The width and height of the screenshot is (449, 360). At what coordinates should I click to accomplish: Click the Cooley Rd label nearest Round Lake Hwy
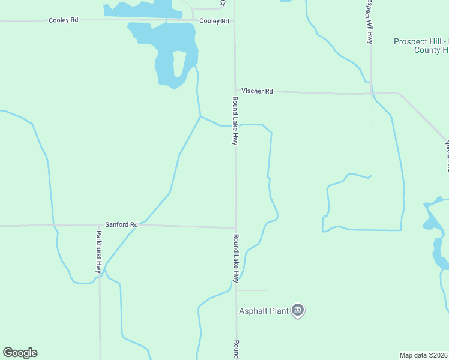(x=214, y=21)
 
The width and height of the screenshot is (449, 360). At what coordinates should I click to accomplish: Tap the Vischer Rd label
(x=257, y=91)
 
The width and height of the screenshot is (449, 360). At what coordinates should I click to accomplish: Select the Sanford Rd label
(x=122, y=224)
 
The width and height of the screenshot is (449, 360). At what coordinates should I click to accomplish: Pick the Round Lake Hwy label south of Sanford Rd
(x=237, y=259)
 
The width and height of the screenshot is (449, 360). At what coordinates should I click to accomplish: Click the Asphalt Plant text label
(x=264, y=311)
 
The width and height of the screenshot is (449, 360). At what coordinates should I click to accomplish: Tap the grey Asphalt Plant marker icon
(x=298, y=310)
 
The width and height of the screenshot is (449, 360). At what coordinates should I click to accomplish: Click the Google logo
(x=20, y=353)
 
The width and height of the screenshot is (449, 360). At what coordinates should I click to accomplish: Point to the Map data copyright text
(x=424, y=355)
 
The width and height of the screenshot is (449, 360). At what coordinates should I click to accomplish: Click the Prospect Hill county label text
(x=420, y=46)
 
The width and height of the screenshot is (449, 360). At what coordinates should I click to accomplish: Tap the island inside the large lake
(x=178, y=64)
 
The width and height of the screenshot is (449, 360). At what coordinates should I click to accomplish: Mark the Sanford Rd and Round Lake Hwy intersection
(x=235, y=228)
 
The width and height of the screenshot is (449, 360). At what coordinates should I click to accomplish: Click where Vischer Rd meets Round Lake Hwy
(x=235, y=91)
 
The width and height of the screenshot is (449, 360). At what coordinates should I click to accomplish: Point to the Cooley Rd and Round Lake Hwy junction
(x=234, y=21)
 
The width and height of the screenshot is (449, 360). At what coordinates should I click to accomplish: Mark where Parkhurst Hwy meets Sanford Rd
(x=100, y=225)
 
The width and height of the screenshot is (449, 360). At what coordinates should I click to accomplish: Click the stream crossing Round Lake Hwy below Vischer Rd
(x=235, y=125)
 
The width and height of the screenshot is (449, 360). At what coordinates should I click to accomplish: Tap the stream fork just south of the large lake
(x=200, y=116)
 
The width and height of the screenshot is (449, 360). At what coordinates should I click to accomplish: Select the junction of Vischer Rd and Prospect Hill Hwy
(x=371, y=93)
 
